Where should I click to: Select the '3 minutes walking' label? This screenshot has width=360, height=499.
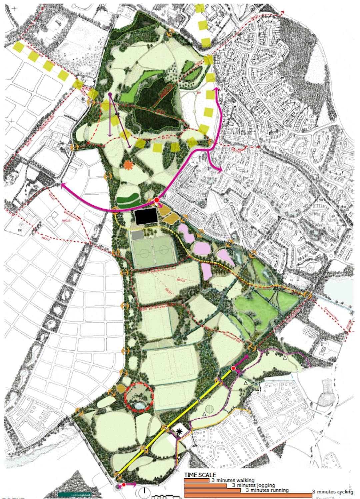(x=233, y=480)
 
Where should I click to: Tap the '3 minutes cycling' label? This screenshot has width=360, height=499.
(x=332, y=492)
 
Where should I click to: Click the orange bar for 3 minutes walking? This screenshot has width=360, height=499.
(x=196, y=480)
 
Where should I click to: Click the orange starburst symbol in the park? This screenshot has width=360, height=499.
(x=127, y=165)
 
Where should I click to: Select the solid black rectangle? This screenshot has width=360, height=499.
(x=146, y=217)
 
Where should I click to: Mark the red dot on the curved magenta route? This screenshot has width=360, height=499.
(x=156, y=200)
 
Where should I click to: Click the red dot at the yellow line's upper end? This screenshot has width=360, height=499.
(x=234, y=368)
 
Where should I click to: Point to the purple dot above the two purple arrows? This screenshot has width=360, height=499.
(x=110, y=94)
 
